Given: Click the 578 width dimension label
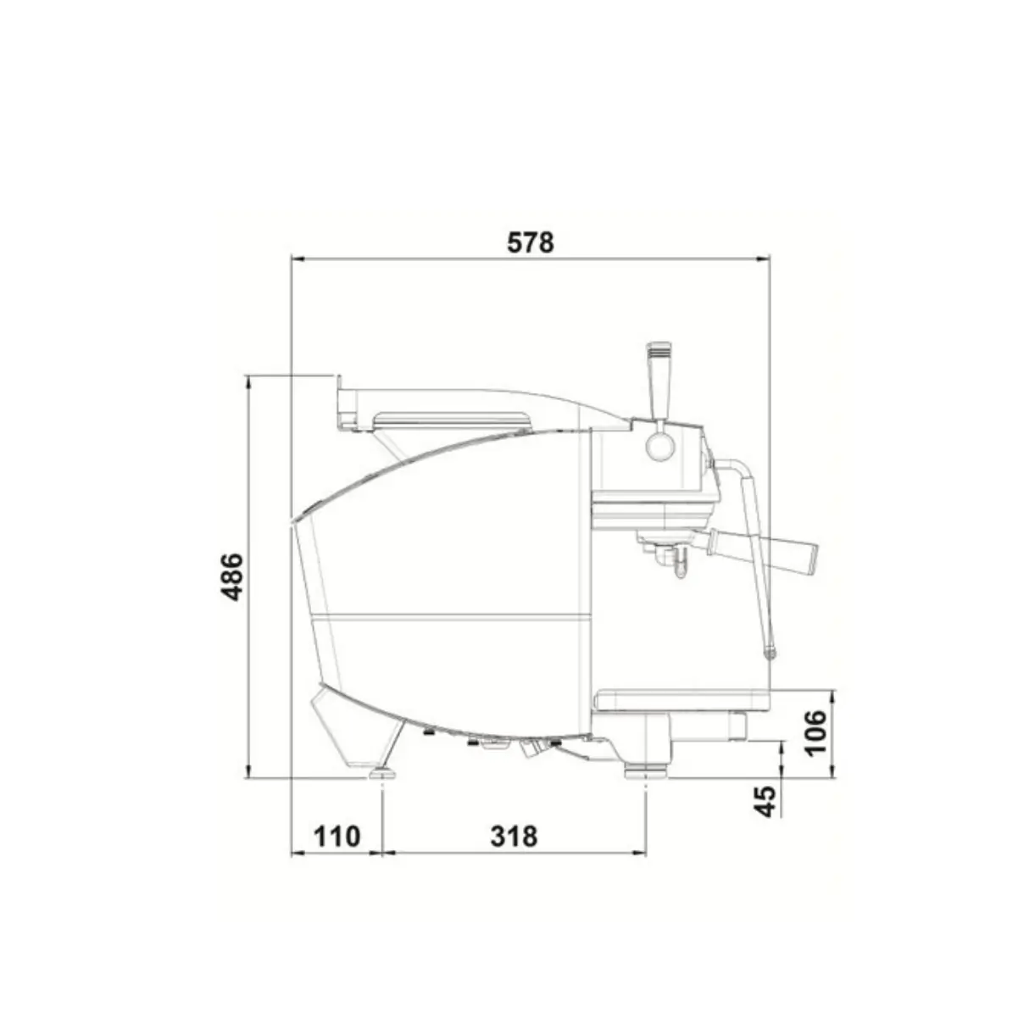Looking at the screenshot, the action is (x=531, y=242).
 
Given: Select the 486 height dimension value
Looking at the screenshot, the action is (x=232, y=577).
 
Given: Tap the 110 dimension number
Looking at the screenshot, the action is (x=337, y=837).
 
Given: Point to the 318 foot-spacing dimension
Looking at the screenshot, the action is (x=514, y=837).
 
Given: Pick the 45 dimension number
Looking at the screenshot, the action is (x=765, y=801).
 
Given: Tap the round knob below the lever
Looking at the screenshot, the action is (x=660, y=447).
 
